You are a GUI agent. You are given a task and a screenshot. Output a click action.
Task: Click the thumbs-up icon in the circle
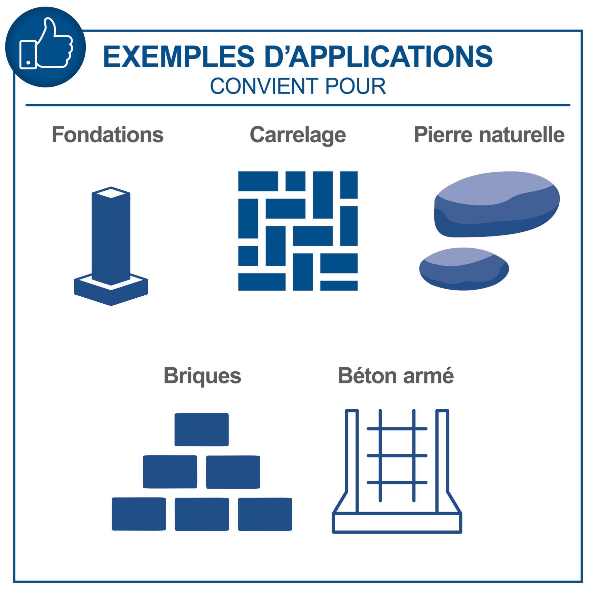click(46, 46)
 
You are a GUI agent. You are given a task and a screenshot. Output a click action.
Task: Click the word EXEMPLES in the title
click(179, 56)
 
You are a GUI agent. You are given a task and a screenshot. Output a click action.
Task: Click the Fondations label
click(108, 135)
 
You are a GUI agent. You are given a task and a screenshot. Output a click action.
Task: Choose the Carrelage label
click(298, 135)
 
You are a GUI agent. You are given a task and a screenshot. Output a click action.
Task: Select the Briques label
click(202, 376)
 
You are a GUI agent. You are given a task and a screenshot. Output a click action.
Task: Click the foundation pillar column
click(111, 235)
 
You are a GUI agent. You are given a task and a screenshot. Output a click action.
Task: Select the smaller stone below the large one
click(464, 269)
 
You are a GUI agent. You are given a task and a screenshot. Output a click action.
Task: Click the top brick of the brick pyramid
click(201, 430)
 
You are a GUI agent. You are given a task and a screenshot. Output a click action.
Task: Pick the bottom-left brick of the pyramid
click(139, 514)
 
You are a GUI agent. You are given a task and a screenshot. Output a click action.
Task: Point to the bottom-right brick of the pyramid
click(265, 514)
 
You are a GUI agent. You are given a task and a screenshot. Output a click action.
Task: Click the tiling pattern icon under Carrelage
click(298, 231)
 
